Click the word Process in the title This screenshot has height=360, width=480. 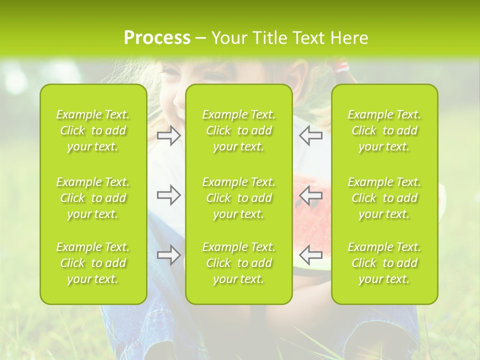(157, 38)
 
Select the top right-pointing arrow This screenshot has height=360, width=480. (169, 135)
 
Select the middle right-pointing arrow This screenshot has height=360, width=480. (169, 195)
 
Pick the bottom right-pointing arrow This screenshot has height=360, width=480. (169, 254)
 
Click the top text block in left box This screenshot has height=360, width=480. (93, 130)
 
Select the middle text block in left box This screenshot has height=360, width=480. (93, 198)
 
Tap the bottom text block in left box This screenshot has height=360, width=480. (93, 263)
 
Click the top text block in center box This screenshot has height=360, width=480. (239, 130)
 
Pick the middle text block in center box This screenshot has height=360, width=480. (239, 198)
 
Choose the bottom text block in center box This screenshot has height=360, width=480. (239, 263)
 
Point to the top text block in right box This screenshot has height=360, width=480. (384, 130)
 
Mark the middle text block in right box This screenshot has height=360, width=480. (384, 198)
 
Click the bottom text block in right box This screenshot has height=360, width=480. (384, 263)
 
